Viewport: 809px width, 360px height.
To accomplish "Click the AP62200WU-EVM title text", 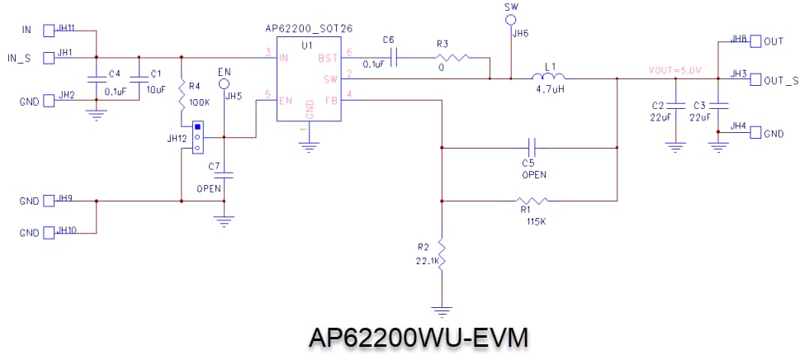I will [x=418, y=339].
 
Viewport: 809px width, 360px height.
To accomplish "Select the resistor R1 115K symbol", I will [x=532, y=200].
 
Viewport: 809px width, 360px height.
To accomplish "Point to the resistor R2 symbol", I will [x=442, y=255].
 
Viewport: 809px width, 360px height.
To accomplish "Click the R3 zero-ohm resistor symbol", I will [x=452, y=58].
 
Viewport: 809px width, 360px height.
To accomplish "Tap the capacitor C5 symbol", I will [x=534, y=149].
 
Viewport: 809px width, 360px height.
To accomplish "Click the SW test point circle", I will [x=511, y=18].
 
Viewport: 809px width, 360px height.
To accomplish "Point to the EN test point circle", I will [x=224, y=83].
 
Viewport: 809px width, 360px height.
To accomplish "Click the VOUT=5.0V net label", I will [x=674, y=71].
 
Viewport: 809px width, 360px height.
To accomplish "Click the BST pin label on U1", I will [x=328, y=57].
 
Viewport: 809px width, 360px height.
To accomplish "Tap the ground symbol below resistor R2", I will [x=442, y=311].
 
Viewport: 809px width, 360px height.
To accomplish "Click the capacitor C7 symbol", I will [x=225, y=175].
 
